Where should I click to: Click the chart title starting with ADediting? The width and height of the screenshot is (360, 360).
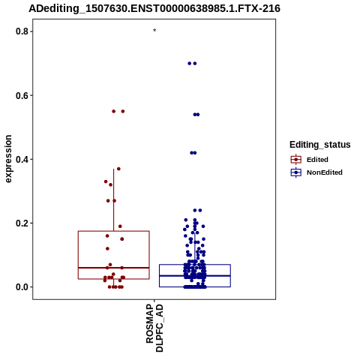pyautogui.click(x=154, y=8)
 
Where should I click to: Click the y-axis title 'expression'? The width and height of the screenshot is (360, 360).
pyautogui.click(x=8, y=159)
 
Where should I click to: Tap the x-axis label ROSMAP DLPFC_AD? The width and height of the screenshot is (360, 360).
pyautogui.click(x=154, y=328)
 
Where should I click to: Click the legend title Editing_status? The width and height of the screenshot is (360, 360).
pyautogui.click(x=320, y=145)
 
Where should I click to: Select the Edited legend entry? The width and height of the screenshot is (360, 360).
pyautogui.click(x=317, y=160)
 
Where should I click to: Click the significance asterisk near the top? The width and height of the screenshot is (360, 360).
pyautogui.click(x=154, y=31)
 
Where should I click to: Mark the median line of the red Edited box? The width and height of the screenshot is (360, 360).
pyautogui.click(x=114, y=268)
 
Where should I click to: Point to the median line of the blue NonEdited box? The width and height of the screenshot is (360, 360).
pyautogui.click(x=195, y=276)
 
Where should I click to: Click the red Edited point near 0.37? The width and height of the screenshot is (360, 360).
pyautogui.click(x=118, y=169)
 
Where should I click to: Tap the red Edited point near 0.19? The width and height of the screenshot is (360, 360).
pyautogui.click(x=120, y=226)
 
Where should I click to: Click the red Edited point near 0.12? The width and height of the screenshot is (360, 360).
pyautogui.click(x=107, y=248)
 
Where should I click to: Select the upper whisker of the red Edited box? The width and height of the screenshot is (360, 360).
pyautogui.click(x=114, y=200)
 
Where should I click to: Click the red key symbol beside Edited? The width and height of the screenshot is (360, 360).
pyautogui.click(x=296, y=160)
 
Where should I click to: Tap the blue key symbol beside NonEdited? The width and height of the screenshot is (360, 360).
pyautogui.click(x=296, y=172)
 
